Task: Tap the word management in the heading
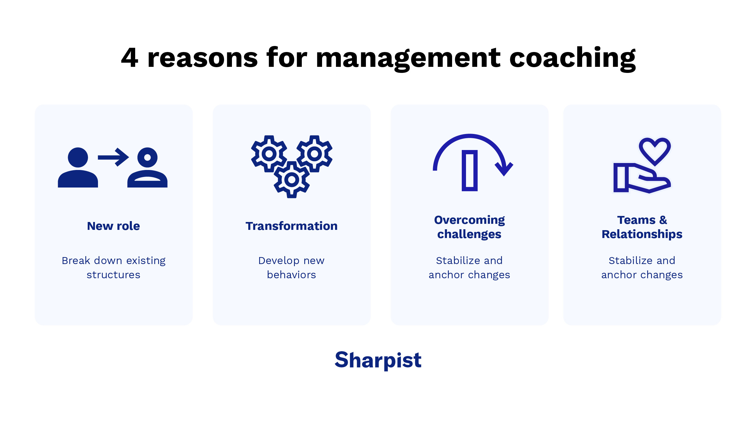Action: [408, 58]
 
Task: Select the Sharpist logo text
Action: [378, 360]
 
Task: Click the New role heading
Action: [113, 226]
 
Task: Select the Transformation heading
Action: [292, 226]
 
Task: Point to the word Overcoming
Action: [469, 220]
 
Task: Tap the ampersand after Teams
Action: [663, 220]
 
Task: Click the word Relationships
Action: [642, 234]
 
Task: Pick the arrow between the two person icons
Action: [113, 157]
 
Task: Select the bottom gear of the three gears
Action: [292, 180]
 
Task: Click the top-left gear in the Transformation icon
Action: [269, 154]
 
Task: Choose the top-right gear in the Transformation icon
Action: [314, 154]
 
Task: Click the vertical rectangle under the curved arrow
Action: [469, 171]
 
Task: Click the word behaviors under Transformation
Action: [292, 275]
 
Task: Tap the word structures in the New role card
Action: [113, 275]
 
